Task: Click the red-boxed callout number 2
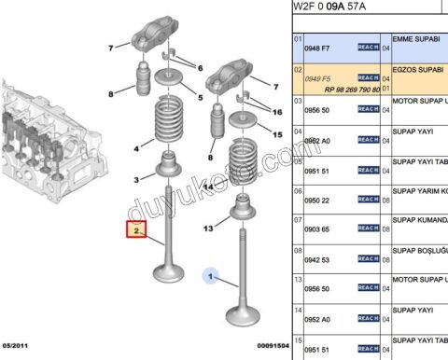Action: pyautogui.click(x=136, y=229)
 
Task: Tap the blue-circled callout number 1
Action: pyautogui.click(x=212, y=276)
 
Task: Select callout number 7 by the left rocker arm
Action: pyautogui.click(x=110, y=48)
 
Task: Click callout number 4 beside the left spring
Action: pyautogui.click(x=136, y=148)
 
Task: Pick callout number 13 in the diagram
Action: pyautogui.click(x=209, y=228)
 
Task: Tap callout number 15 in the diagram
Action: pyautogui.click(x=276, y=134)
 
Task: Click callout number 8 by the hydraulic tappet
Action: pyautogui.click(x=110, y=93)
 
